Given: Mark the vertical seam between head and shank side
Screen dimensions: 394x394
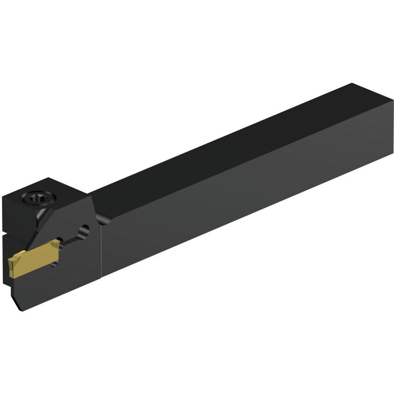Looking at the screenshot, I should [x=101, y=249].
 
